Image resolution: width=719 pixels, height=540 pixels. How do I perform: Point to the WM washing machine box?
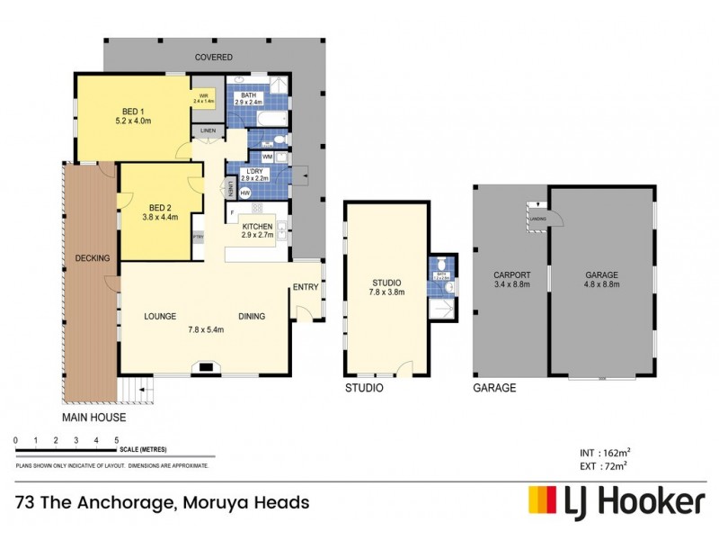[x=267, y=157]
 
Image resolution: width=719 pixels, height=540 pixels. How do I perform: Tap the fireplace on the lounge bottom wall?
[x=206, y=366]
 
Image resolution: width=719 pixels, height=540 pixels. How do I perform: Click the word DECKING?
[x=93, y=258]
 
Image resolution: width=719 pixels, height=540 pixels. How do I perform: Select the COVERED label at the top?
[x=214, y=57]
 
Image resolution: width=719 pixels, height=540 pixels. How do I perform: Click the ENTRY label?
[x=305, y=287]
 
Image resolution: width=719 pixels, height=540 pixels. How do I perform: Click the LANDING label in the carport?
[x=538, y=219]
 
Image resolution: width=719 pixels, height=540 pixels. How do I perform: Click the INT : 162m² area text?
[x=601, y=452]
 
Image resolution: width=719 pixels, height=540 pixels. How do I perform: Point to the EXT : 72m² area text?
[x=601, y=465]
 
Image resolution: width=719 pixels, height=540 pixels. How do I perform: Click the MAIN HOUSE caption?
[x=93, y=418]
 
